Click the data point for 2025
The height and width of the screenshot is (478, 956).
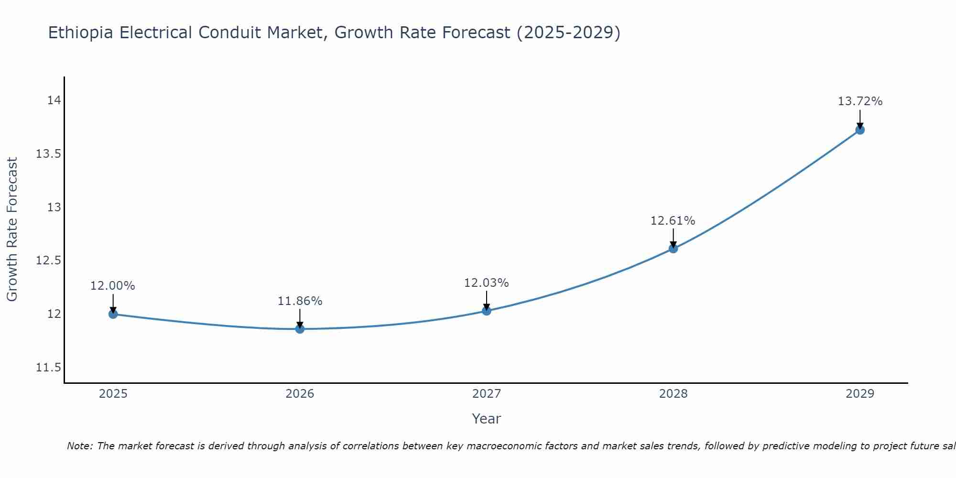pyautogui.click(x=113, y=314)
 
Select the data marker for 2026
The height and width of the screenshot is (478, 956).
pyautogui.click(x=300, y=329)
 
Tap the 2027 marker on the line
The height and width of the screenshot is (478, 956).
pyautogui.click(x=487, y=311)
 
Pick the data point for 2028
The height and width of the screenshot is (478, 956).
pyautogui.click(x=673, y=249)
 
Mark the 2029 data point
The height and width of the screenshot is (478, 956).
pyautogui.click(x=860, y=130)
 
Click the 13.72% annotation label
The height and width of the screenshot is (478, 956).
pyautogui.click(x=860, y=101)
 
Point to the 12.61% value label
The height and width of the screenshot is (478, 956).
pyautogui.click(x=673, y=221)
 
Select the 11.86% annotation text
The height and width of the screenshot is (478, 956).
pyautogui.click(x=300, y=301)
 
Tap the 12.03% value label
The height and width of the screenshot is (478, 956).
pyautogui.click(x=486, y=283)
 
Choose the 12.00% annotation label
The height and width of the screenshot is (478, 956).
pyautogui.click(x=113, y=286)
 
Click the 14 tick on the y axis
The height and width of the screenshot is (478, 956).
pyautogui.click(x=54, y=100)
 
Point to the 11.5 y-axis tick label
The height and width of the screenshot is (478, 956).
pyautogui.click(x=48, y=368)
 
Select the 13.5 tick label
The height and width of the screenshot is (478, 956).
pyautogui.click(x=48, y=154)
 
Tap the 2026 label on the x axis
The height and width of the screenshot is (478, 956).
pyautogui.click(x=300, y=394)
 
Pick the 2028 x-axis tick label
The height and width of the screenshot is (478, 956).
pyautogui.click(x=673, y=394)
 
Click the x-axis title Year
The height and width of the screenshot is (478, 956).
pyautogui.click(x=486, y=419)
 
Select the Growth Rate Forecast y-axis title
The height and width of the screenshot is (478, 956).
pyautogui.click(x=12, y=229)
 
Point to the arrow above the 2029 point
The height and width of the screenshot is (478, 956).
pyautogui.click(x=860, y=119)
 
